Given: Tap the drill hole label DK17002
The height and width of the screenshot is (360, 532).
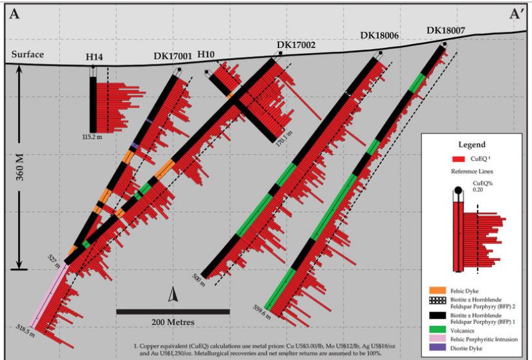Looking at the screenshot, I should [296, 45].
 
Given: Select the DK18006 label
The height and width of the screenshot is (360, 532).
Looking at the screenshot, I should [381, 36].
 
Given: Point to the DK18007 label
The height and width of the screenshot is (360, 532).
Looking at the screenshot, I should [446, 30].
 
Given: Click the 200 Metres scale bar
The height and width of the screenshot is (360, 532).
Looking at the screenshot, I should [173, 312].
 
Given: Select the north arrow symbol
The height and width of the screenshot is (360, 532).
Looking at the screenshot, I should [172, 295].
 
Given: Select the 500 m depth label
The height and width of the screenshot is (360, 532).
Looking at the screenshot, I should [198, 279].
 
